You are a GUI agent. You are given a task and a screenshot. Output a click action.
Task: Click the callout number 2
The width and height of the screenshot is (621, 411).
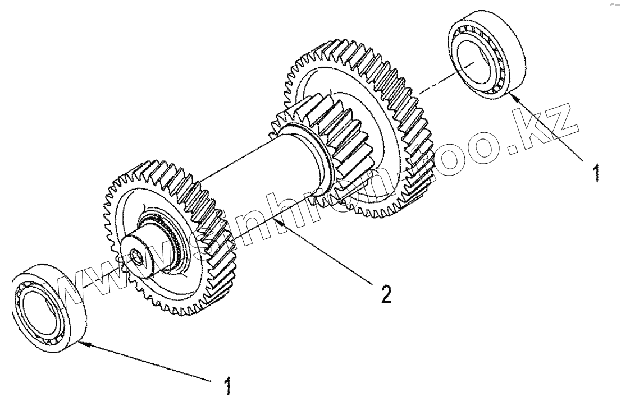[385, 293]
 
